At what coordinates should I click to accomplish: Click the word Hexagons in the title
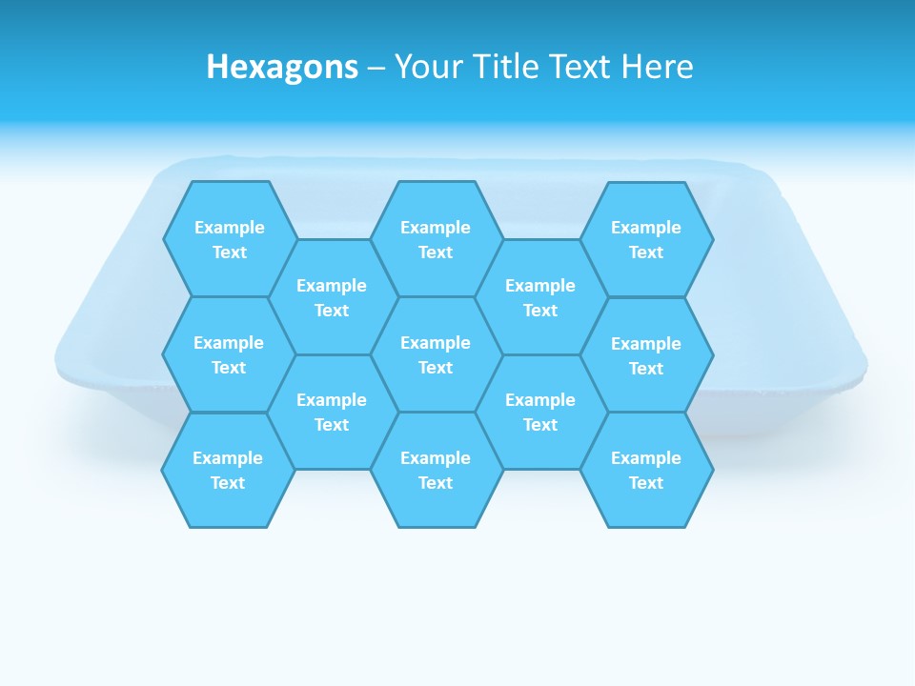coord(282,68)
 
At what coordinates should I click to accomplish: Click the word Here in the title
coord(658,68)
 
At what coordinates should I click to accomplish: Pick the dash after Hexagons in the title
coord(376,68)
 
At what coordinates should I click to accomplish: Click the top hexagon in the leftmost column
coord(230,239)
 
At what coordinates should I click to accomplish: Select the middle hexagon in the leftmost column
coord(229,354)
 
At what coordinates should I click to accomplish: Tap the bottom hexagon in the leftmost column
coord(228,470)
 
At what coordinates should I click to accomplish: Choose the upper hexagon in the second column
coord(332,297)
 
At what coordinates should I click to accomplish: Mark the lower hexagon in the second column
coord(332,412)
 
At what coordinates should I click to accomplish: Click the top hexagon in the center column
coord(436,239)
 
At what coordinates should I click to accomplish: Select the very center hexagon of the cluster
coord(436,354)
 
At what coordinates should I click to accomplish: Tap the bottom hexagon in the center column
coord(436,470)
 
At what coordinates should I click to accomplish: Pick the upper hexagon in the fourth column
coord(540,297)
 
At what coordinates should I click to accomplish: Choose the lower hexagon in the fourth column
coord(540,412)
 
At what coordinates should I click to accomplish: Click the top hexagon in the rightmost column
coord(646,239)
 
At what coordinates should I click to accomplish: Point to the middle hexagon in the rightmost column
coord(646,355)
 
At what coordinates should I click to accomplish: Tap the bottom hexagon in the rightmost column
coord(646,470)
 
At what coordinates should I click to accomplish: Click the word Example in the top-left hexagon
coord(230,228)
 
